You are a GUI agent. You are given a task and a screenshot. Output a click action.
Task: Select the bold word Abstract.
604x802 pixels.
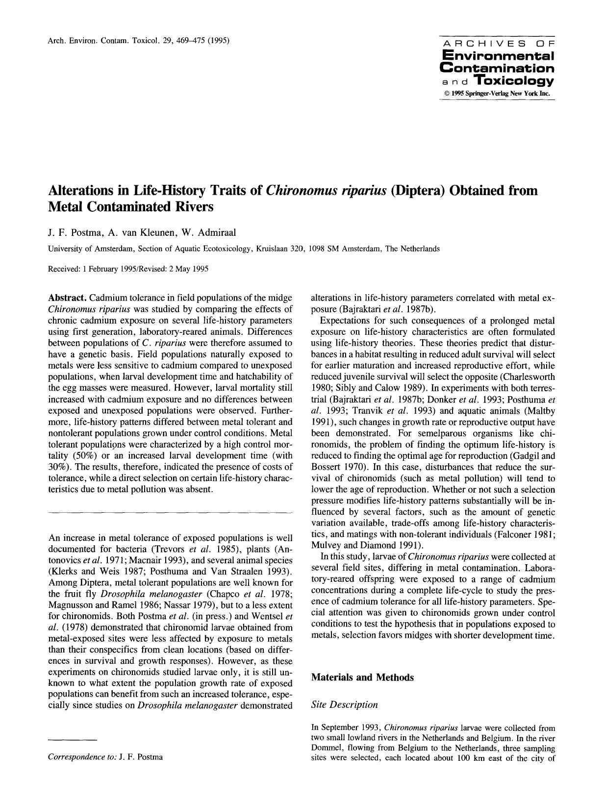pyautogui.click(x=68, y=298)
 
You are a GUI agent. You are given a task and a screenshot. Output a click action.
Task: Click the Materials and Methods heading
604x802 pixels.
pyautogui.click(x=362, y=677)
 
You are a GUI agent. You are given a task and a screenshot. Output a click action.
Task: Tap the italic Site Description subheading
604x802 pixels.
pyautogui.click(x=345, y=704)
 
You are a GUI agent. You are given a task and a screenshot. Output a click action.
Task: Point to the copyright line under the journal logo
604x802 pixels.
pyautogui.click(x=497, y=93)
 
